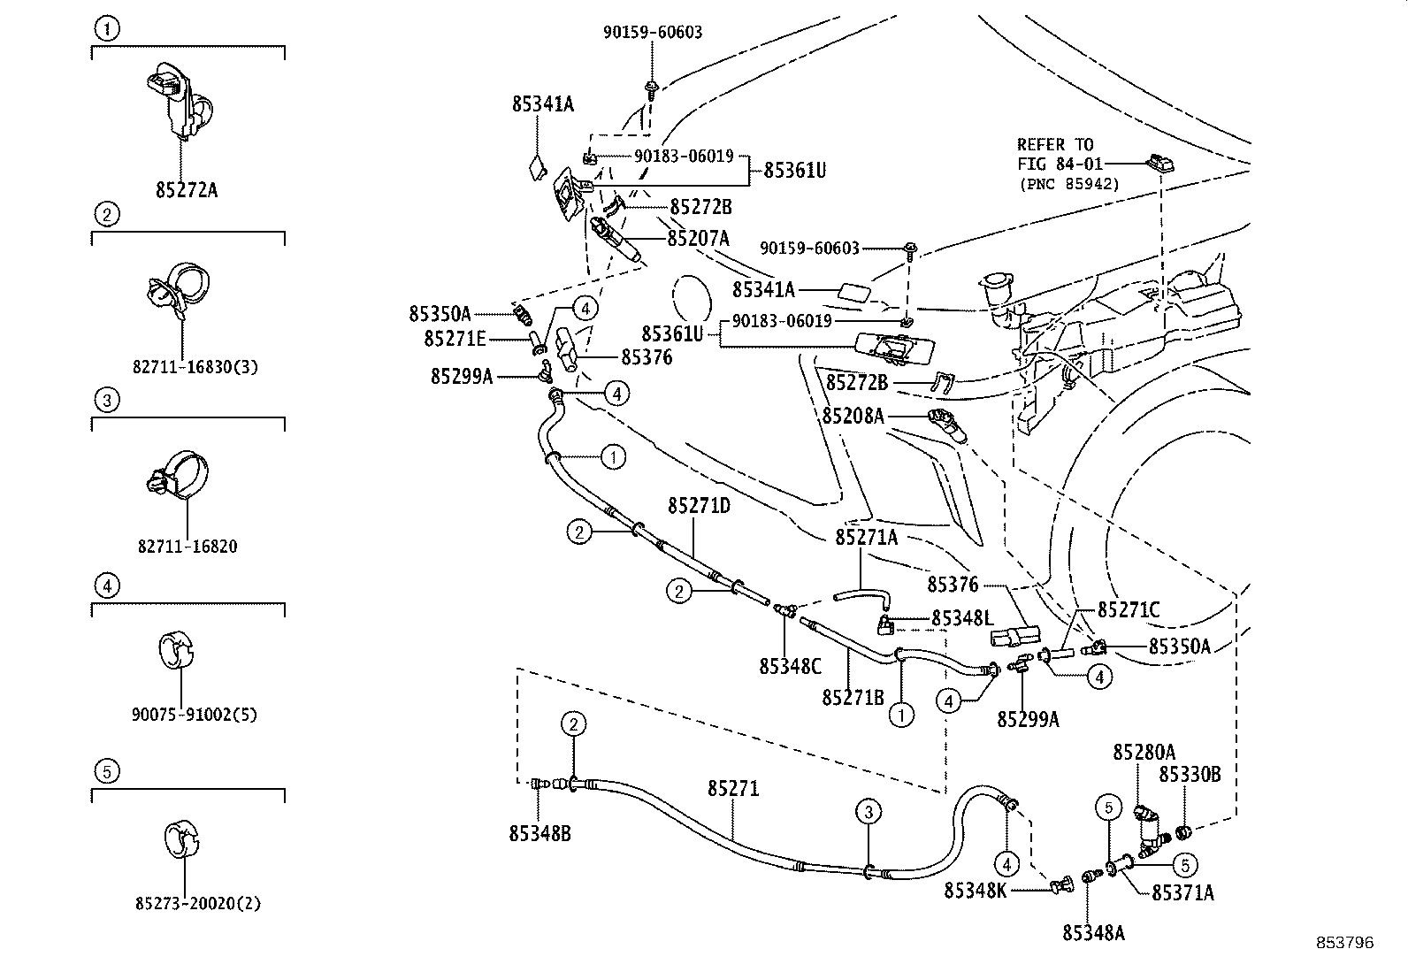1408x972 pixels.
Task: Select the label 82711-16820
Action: click(x=187, y=547)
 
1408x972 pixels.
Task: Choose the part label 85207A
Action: click(x=698, y=238)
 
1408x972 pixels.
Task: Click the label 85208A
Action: click(x=853, y=415)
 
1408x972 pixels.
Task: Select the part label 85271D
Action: click(x=699, y=506)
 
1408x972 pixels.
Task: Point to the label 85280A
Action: click(x=1144, y=752)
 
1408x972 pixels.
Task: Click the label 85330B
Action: click(x=1190, y=775)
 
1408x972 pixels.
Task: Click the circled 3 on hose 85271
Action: click(x=869, y=811)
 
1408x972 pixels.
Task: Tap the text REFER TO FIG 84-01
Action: click(x=1056, y=154)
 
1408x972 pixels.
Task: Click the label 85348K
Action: click(x=975, y=890)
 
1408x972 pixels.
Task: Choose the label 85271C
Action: click(x=1129, y=609)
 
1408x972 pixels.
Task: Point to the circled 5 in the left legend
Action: click(x=105, y=771)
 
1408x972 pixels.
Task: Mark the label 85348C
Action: click(x=790, y=665)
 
